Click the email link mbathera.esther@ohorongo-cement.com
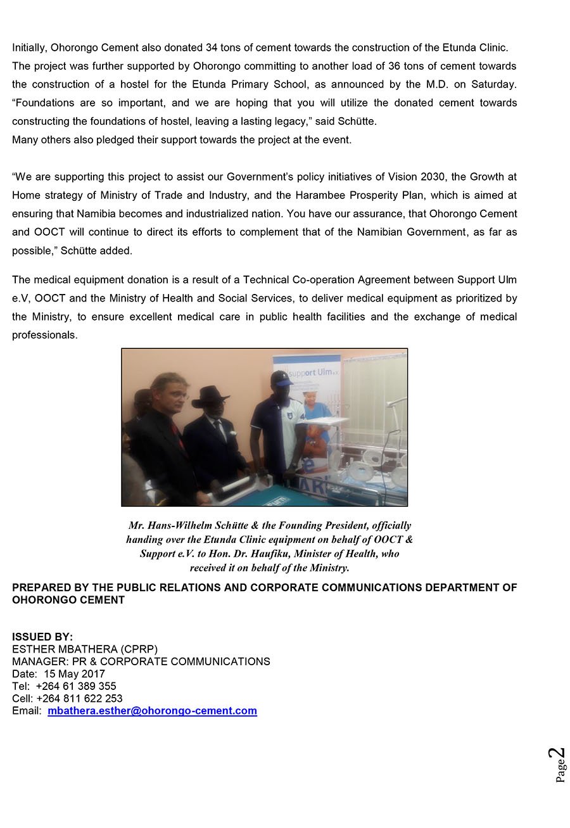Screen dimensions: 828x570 (x=152, y=711)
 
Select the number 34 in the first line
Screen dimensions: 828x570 (x=212, y=48)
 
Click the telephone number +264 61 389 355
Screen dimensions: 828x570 (x=76, y=686)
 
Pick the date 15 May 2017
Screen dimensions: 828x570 (x=75, y=674)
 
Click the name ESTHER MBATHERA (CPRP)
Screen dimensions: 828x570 (x=85, y=649)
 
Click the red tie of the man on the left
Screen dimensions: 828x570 (x=175, y=437)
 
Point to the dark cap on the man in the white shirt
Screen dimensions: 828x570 (x=282, y=378)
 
